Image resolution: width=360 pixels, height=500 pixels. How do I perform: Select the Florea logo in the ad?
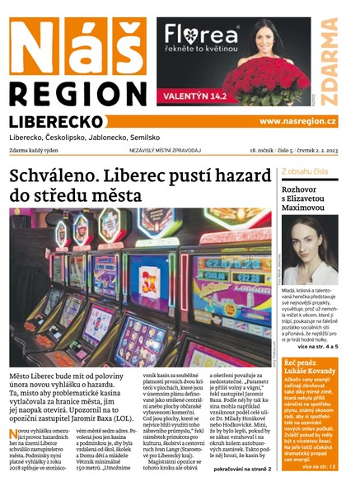click(x=201, y=35)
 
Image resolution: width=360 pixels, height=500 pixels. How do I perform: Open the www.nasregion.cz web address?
click(x=297, y=121)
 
